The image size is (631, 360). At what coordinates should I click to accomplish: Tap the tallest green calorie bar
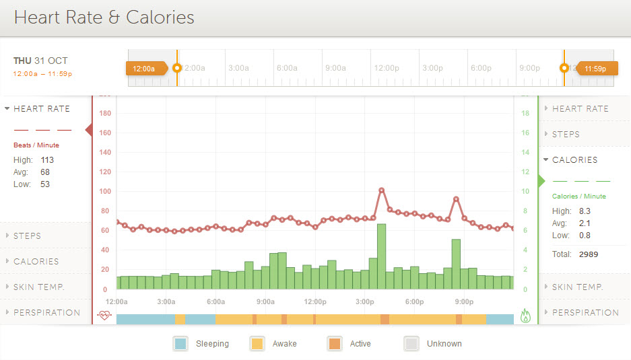381,256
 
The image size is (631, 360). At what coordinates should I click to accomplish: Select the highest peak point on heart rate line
381,190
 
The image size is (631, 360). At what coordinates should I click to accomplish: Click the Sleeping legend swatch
180,343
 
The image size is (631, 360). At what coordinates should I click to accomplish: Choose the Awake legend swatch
257,343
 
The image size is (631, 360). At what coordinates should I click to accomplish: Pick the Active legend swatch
335,343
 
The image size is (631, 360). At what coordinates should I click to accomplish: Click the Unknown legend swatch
411,343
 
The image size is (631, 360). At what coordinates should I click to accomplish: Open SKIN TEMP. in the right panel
577,287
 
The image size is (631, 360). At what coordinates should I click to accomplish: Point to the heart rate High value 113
47,160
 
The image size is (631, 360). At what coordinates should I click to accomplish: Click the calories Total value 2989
587,254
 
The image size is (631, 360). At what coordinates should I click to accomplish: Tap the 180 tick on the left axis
105,113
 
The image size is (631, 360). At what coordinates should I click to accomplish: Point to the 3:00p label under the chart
365,301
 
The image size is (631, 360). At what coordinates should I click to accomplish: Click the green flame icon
526,315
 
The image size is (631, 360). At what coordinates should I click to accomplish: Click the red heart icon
104,315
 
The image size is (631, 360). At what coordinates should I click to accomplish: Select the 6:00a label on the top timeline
287,68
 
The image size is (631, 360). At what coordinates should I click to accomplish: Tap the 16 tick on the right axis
525,133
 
